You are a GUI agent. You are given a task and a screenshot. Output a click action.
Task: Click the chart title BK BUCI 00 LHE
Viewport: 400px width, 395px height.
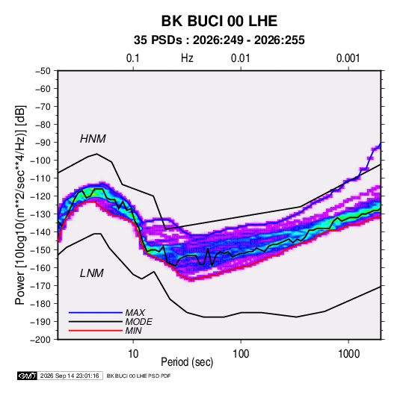[x=219, y=21]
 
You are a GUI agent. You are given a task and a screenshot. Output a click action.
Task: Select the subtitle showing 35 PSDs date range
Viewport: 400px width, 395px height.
[x=219, y=40]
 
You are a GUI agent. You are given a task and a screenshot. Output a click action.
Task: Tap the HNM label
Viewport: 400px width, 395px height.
[x=93, y=139]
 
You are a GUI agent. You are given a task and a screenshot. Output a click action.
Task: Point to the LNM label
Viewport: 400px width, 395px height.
[x=92, y=273]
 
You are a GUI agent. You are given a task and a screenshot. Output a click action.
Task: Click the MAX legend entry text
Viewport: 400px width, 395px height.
[x=135, y=313]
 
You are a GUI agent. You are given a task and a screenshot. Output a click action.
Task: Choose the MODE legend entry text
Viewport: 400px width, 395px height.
[x=139, y=322]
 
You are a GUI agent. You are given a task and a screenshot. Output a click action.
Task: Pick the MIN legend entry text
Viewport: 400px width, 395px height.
[x=133, y=331]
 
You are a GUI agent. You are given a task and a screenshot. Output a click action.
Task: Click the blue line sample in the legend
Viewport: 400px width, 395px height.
[x=96, y=313]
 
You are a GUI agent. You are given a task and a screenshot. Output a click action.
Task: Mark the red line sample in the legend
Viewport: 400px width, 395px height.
[x=96, y=331]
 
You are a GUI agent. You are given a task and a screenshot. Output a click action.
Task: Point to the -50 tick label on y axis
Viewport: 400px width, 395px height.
[x=43, y=71]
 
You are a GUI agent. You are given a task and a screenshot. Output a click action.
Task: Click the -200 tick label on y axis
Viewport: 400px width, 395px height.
[x=40, y=340]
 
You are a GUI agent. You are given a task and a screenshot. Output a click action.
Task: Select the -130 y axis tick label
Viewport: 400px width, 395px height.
[x=40, y=214]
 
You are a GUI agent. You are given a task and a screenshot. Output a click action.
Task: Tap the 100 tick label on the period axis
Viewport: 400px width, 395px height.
[x=241, y=354]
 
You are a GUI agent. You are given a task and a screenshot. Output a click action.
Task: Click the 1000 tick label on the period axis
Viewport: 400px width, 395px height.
[x=348, y=354]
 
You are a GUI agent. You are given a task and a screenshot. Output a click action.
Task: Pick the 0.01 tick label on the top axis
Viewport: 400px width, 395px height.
[x=240, y=58]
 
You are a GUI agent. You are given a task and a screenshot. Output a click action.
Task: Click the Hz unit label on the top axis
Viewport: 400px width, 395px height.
[x=187, y=58]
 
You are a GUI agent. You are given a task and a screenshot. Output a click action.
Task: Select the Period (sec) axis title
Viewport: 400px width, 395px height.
[x=187, y=362]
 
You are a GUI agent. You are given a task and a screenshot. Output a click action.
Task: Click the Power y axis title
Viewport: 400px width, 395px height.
[x=20, y=205]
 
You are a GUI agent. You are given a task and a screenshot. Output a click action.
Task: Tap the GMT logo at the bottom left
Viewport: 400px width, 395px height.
[x=28, y=376]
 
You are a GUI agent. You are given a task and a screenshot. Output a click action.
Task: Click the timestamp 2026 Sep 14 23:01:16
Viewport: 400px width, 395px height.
[x=70, y=376]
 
